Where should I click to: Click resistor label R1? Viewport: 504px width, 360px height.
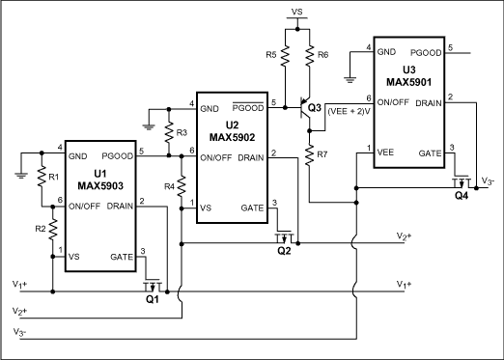tap(27, 179)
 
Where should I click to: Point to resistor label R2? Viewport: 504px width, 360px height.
tap(27, 229)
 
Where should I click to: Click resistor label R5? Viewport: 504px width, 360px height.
tap(270, 54)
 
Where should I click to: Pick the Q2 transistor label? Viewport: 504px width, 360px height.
tap(284, 250)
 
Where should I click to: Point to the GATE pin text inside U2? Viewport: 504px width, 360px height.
tap(250, 208)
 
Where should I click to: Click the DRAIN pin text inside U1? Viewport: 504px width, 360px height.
tap(120, 204)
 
